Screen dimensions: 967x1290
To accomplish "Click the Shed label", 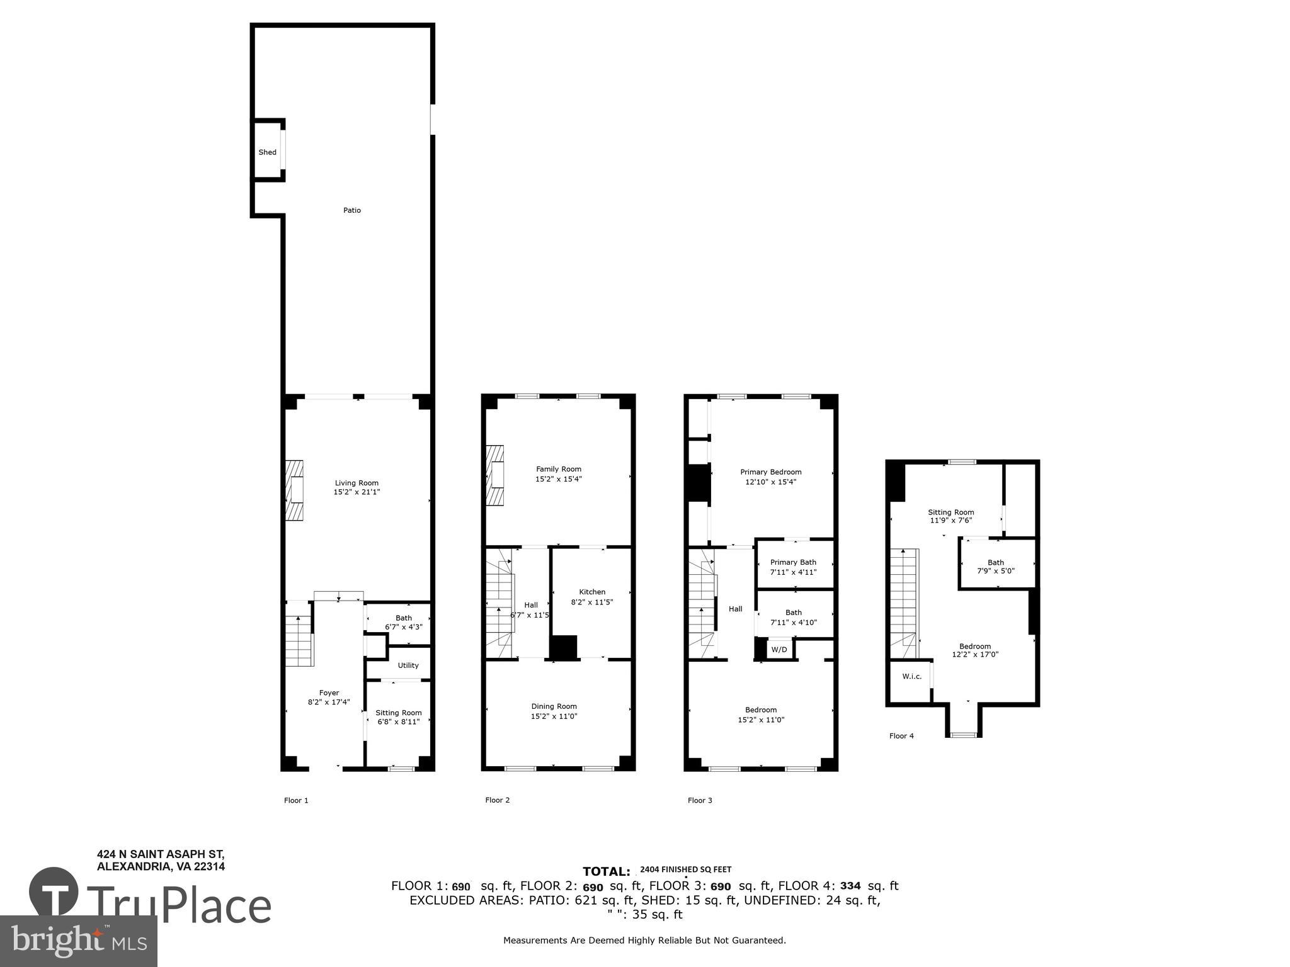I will tap(267, 152).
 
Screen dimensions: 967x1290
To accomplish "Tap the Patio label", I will tap(351, 210).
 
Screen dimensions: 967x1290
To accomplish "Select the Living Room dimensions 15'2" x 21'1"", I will tap(357, 492).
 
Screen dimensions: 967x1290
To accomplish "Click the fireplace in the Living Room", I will tap(294, 490).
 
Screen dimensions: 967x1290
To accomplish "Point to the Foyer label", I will tap(329, 693).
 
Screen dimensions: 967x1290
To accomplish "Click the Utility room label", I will tap(408, 665).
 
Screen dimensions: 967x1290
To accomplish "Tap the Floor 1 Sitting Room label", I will tap(399, 713).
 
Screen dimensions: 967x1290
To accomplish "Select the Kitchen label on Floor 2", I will tap(592, 592).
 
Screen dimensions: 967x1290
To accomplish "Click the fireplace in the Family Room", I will tap(495, 475).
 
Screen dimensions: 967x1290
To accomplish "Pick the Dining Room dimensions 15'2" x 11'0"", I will tap(554, 716).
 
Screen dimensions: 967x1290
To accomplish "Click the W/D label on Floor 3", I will tap(779, 650).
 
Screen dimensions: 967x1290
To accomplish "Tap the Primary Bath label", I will tap(793, 562).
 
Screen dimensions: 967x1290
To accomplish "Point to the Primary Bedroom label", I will tap(770, 472).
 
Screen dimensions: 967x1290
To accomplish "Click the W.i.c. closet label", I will tap(911, 677).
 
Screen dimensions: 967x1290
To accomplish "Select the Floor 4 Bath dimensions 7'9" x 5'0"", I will tap(996, 572).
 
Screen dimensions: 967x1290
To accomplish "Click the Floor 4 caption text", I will tap(901, 736).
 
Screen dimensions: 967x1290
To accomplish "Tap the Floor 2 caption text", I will tap(497, 800).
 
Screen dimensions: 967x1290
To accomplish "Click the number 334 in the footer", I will tap(850, 886).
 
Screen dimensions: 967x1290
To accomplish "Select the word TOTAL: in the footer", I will tap(606, 872).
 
